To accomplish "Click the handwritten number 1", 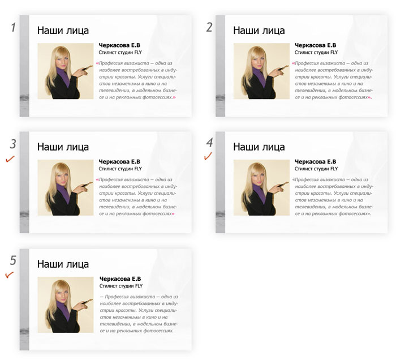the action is (x=14, y=27).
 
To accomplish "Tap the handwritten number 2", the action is (x=209, y=27).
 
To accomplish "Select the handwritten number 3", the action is (x=13, y=144).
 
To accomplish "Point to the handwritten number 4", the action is (x=209, y=143).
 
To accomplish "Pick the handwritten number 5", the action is (x=13, y=260).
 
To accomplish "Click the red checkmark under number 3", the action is (x=10, y=159).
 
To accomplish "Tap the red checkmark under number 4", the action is (x=208, y=156).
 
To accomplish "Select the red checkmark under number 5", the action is (x=10, y=275).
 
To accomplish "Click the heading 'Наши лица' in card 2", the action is (x=259, y=31).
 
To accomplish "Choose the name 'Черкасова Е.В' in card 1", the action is (x=119, y=45).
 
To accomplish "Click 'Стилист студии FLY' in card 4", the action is (x=316, y=169).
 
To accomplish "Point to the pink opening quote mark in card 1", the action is (x=97, y=63).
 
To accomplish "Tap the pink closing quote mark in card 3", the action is (x=173, y=214).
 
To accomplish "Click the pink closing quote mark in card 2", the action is (x=369, y=97).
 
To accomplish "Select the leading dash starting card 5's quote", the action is (x=102, y=297).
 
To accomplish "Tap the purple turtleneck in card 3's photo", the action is (x=63, y=192).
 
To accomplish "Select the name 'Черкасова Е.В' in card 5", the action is (x=120, y=278).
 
